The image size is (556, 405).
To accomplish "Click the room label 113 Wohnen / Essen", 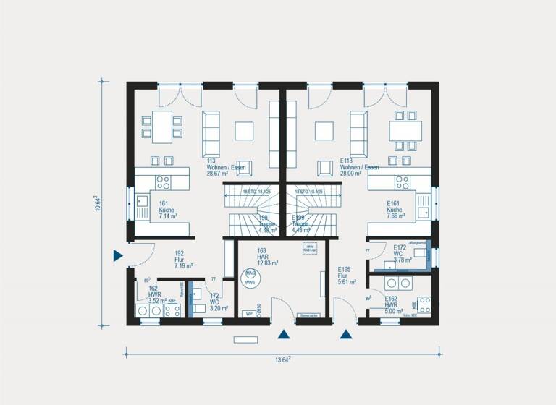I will (225, 167).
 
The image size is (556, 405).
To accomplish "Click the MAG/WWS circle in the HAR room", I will (250, 277).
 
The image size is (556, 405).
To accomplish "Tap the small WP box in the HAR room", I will (248, 315).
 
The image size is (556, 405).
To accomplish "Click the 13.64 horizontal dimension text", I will (283, 359).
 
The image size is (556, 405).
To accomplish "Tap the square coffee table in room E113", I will (324, 130).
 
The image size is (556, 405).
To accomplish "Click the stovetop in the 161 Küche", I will (163, 182).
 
